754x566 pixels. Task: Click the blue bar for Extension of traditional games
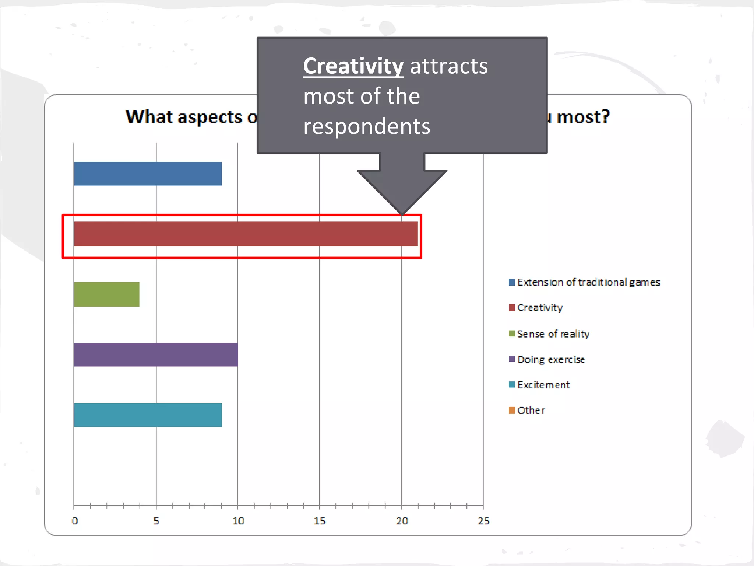pos(148,174)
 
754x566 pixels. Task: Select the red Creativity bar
pos(246,234)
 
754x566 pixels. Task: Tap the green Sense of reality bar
pos(106,294)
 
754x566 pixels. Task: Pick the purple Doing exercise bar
pos(156,354)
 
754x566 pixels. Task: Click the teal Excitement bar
pos(148,415)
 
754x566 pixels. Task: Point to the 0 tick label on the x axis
pos(75,521)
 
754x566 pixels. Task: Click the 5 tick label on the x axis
pos(156,521)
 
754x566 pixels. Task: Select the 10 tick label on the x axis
pos(238,521)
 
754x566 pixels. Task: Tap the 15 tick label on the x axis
pos(320,521)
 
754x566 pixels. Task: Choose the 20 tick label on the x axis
pos(402,521)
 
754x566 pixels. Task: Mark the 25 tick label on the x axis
pos(483,521)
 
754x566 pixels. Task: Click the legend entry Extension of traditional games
pos(588,282)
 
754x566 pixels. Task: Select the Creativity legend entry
pos(540,308)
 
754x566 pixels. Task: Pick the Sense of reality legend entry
pos(553,334)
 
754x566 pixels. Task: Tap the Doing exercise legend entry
pos(551,359)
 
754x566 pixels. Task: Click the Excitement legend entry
pos(543,385)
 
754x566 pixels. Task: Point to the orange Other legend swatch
pos(512,410)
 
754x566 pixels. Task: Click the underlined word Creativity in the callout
pos(353,66)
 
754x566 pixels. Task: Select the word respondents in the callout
pos(367,126)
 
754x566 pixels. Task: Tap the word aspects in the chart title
pos(210,118)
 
